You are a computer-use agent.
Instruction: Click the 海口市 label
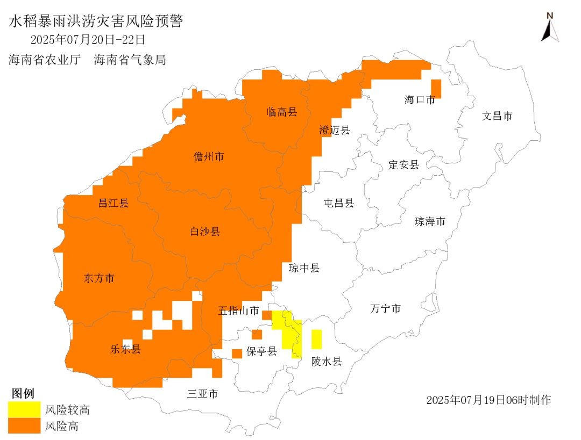(x=419, y=99)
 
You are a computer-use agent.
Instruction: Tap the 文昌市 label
(x=497, y=116)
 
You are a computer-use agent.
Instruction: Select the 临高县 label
(x=281, y=112)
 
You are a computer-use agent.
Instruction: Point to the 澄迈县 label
(x=334, y=129)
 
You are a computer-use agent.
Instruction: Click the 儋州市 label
(x=209, y=157)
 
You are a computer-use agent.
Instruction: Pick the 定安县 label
(x=403, y=165)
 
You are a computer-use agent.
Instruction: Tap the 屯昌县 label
(x=339, y=203)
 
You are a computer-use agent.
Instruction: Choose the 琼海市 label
(x=430, y=221)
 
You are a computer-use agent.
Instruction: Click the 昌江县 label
(x=113, y=203)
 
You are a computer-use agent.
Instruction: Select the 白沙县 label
(x=205, y=232)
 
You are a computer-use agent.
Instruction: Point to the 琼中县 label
(x=304, y=268)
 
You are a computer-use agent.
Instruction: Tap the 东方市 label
(x=100, y=278)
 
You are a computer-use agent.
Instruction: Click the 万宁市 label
(x=385, y=308)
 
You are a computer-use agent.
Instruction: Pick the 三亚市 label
(x=202, y=394)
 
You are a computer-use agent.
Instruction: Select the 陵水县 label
(x=327, y=361)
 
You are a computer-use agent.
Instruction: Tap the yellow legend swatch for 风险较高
(x=24, y=409)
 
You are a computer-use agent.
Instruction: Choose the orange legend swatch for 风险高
(x=24, y=425)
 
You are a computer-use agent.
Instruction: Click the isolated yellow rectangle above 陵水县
(x=316, y=339)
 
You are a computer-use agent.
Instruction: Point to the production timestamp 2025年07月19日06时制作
(x=488, y=400)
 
